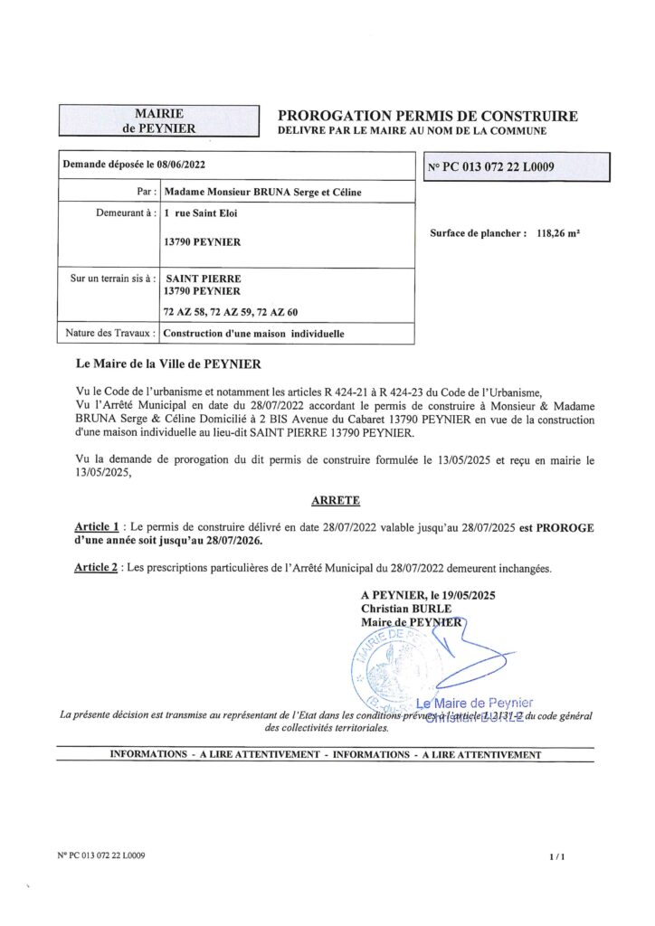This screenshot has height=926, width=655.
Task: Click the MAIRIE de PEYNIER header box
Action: tap(158, 120)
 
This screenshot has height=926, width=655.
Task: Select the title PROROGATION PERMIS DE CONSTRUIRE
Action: tap(427, 116)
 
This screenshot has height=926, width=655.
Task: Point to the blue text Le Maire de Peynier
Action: tap(474, 703)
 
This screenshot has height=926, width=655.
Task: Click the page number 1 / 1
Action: tap(556, 855)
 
